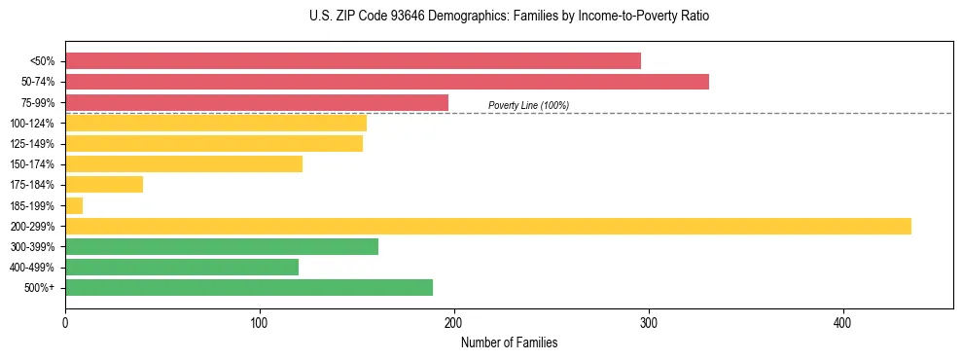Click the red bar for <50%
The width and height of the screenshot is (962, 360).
(x=353, y=60)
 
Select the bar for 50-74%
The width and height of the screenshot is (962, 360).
(x=387, y=81)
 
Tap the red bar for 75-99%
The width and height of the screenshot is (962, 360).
(x=257, y=102)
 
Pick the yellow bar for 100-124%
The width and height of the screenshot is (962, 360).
(x=216, y=123)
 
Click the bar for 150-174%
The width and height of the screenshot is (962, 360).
(x=184, y=163)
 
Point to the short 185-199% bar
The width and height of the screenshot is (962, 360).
(x=74, y=205)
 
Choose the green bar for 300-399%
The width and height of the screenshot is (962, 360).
(x=222, y=246)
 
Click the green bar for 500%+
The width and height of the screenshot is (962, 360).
(x=249, y=287)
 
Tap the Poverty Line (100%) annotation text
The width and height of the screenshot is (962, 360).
(x=528, y=105)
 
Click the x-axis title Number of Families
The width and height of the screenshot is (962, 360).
(x=509, y=342)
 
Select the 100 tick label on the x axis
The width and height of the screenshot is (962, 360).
(x=260, y=322)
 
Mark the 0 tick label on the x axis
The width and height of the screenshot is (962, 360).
(x=65, y=322)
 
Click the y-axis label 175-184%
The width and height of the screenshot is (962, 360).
(x=32, y=185)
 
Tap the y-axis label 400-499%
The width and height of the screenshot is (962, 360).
(x=32, y=268)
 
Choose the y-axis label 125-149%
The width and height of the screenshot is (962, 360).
(x=32, y=144)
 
